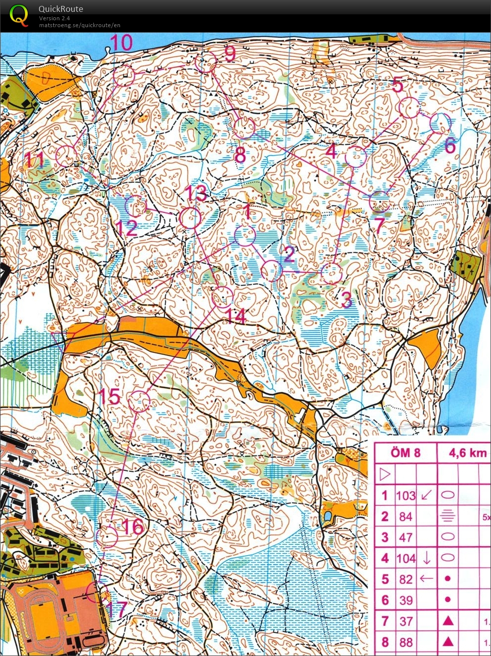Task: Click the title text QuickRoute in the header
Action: point(61,9)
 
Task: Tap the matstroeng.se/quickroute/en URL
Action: point(80,25)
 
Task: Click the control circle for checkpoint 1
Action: point(245,236)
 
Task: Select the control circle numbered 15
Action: point(139,402)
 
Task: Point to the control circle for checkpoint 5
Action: point(409,108)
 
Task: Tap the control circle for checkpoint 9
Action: point(205,63)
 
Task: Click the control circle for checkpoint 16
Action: point(107,537)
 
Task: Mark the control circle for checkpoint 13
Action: point(190,218)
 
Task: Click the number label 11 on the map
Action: point(35,160)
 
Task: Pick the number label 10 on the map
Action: point(121,43)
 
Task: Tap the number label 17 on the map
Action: point(117,610)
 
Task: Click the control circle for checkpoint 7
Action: point(380,201)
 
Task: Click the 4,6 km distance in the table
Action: point(467,453)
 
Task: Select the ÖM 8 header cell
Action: point(406,453)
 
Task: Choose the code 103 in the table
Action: point(406,495)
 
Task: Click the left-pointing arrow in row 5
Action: point(426,579)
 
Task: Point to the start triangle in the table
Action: point(385,475)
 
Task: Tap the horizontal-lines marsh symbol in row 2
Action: point(447,516)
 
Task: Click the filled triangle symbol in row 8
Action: point(448,642)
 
